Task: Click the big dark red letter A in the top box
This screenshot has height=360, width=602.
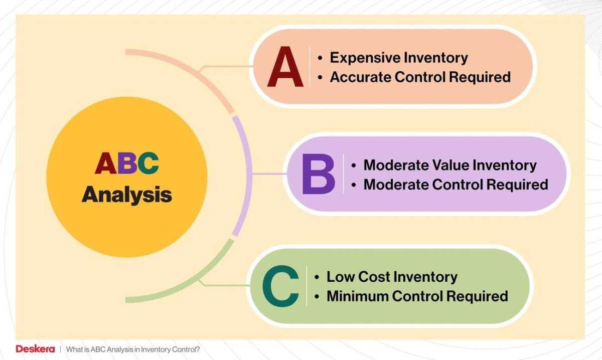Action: (285, 67)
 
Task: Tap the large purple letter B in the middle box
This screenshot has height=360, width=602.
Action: (319, 174)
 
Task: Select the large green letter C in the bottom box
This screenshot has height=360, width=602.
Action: (280, 286)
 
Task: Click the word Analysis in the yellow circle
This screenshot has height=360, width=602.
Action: (127, 195)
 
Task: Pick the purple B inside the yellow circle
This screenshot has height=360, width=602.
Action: (127, 163)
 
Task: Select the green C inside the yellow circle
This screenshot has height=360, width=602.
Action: (148, 163)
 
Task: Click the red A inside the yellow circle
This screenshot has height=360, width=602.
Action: (106, 163)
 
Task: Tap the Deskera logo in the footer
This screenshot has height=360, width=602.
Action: (35, 349)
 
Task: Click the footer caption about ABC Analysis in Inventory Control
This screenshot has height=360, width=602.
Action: (133, 349)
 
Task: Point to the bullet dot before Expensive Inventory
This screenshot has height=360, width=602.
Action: (320, 58)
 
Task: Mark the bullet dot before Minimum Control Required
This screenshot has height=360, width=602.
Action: (317, 297)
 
